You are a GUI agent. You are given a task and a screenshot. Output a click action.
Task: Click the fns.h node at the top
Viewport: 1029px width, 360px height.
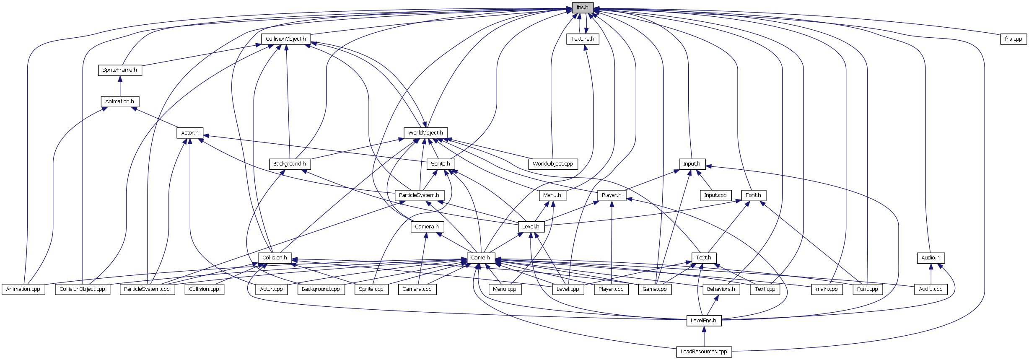tap(582, 8)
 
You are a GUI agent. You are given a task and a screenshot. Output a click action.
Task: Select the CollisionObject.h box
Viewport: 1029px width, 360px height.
tap(286, 39)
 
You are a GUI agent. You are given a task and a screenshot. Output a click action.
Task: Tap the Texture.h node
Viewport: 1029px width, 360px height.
tap(583, 39)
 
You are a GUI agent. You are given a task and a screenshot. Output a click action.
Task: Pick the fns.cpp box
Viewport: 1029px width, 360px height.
tap(1013, 39)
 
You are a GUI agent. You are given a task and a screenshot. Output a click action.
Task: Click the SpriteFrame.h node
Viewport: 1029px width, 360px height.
tap(119, 70)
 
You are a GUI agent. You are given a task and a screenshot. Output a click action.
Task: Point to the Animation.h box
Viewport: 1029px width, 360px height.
tap(119, 101)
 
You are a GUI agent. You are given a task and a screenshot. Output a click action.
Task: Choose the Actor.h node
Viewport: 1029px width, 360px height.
tap(190, 133)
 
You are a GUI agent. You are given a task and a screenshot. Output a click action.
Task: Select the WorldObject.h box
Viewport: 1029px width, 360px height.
tap(425, 133)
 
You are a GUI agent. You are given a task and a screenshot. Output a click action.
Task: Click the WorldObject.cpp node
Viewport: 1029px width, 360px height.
tap(553, 164)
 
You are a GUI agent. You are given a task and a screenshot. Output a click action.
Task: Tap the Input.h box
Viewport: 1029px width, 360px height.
tap(692, 164)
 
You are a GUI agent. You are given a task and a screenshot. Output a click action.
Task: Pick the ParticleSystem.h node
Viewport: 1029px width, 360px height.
tap(419, 195)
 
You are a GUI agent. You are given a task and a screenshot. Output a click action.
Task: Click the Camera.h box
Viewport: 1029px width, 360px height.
tap(427, 227)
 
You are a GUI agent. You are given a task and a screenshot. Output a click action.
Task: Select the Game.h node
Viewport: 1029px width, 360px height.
tap(481, 258)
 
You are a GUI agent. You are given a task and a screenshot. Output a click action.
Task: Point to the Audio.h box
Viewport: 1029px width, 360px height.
tap(931, 258)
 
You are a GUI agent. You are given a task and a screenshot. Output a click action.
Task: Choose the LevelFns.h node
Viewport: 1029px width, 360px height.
tap(704, 321)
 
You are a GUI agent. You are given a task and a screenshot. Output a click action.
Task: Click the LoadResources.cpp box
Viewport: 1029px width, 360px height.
tap(704, 352)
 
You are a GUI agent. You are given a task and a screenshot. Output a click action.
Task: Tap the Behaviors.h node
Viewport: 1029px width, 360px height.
tap(721, 289)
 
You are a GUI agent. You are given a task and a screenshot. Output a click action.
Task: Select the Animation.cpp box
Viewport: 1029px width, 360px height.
tap(23, 289)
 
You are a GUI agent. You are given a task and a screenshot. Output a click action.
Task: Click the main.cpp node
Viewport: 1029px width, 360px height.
tap(827, 289)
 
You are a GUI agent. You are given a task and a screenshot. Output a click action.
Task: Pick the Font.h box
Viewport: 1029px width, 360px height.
tap(753, 195)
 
